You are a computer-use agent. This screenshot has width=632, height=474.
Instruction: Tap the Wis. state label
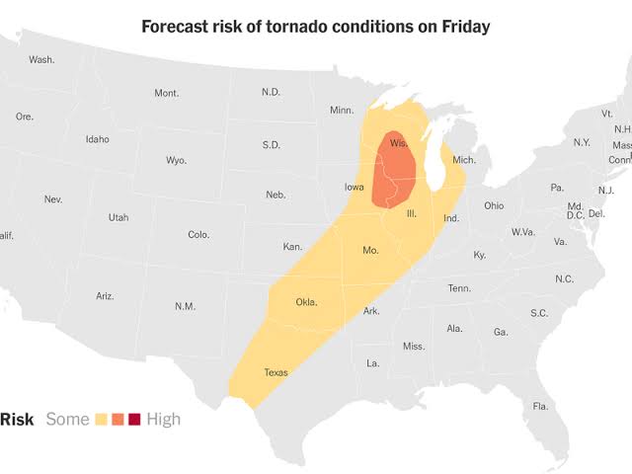(x=399, y=144)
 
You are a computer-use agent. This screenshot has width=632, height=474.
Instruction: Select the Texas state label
(x=276, y=372)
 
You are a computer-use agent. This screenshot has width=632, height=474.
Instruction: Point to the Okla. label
(x=307, y=302)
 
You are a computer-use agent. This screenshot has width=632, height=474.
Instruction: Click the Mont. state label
(x=166, y=93)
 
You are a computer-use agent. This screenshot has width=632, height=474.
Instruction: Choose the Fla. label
(x=540, y=407)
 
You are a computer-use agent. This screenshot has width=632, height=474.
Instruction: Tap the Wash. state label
(x=41, y=59)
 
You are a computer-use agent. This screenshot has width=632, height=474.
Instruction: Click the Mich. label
(x=464, y=160)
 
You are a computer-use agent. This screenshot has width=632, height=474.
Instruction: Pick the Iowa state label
(x=354, y=187)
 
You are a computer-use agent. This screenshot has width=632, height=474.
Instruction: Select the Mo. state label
(x=370, y=250)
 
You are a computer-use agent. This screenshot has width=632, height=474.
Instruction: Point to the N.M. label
(x=185, y=306)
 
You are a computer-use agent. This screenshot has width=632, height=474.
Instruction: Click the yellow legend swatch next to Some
(x=100, y=420)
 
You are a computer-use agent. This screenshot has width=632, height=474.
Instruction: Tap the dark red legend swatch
(x=134, y=420)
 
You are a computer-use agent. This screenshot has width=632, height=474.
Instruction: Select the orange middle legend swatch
(x=118, y=420)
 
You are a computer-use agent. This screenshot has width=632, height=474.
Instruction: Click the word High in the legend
(x=164, y=420)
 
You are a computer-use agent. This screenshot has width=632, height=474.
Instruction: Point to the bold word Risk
(x=17, y=420)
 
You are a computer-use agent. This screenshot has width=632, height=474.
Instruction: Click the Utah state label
(x=118, y=217)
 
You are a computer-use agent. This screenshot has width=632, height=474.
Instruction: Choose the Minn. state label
(x=342, y=110)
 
